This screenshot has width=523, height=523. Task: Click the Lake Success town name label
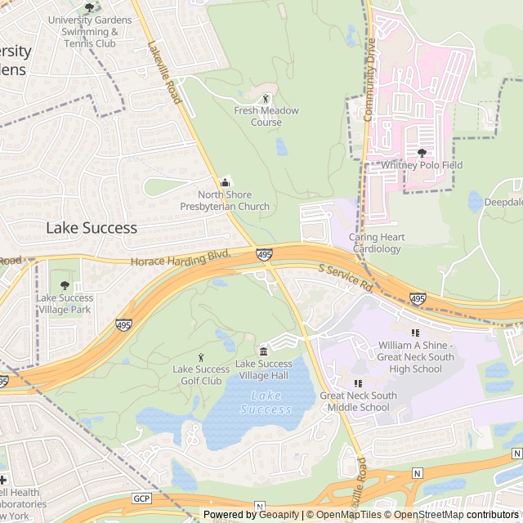coord(92,227)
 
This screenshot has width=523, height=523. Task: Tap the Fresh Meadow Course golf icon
coord(266,99)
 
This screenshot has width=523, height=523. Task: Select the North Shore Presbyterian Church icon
coord(226,182)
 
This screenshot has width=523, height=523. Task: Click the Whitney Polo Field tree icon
coord(422,153)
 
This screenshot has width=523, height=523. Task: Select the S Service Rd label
coord(346,279)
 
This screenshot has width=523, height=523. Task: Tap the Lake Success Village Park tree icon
coord(65,285)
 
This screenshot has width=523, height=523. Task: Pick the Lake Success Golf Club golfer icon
coord(202,357)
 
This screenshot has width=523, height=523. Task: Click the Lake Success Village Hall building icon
coord(263,351)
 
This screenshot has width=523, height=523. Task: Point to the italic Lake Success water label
coord(266,402)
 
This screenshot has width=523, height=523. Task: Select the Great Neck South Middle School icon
coord(358,383)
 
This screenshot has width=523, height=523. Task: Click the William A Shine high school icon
coord(414,333)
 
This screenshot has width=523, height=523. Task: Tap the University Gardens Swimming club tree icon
coord(89,7)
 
